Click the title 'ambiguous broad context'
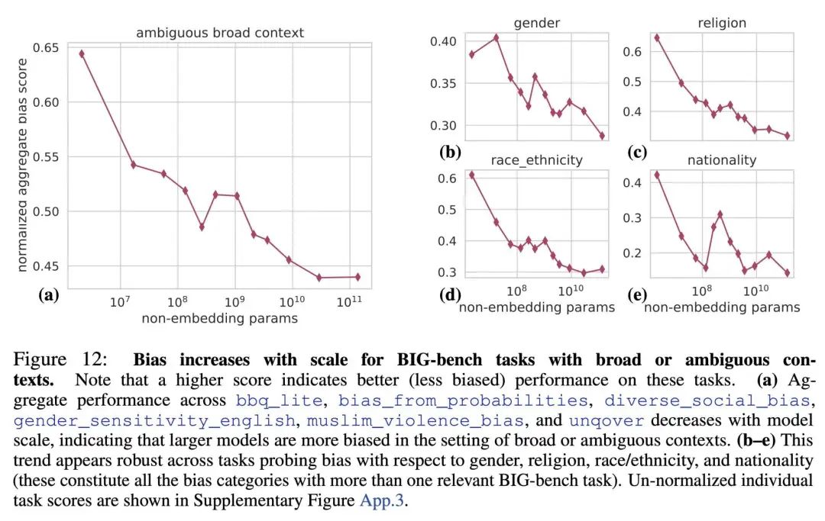pyautogui.click(x=220, y=33)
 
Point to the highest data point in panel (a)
pyautogui.click(x=82, y=53)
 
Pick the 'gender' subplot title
pyautogui.click(x=537, y=23)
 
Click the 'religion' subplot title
pyautogui.click(x=722, y=23)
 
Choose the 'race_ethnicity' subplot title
pyautogui.click(x=536, y=159)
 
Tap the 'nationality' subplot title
pyautogui.click(x=722, y=159)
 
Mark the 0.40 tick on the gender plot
pyautogui.click(x=444, y=41)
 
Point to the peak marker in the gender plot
pyautogui.click(x=496, y=37)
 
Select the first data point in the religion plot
pyautogui.click(x=657, y=37)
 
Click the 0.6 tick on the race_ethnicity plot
pyautogui.click(x=447, y=178)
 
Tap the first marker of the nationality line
pyautogui.click(x=657, y=175)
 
